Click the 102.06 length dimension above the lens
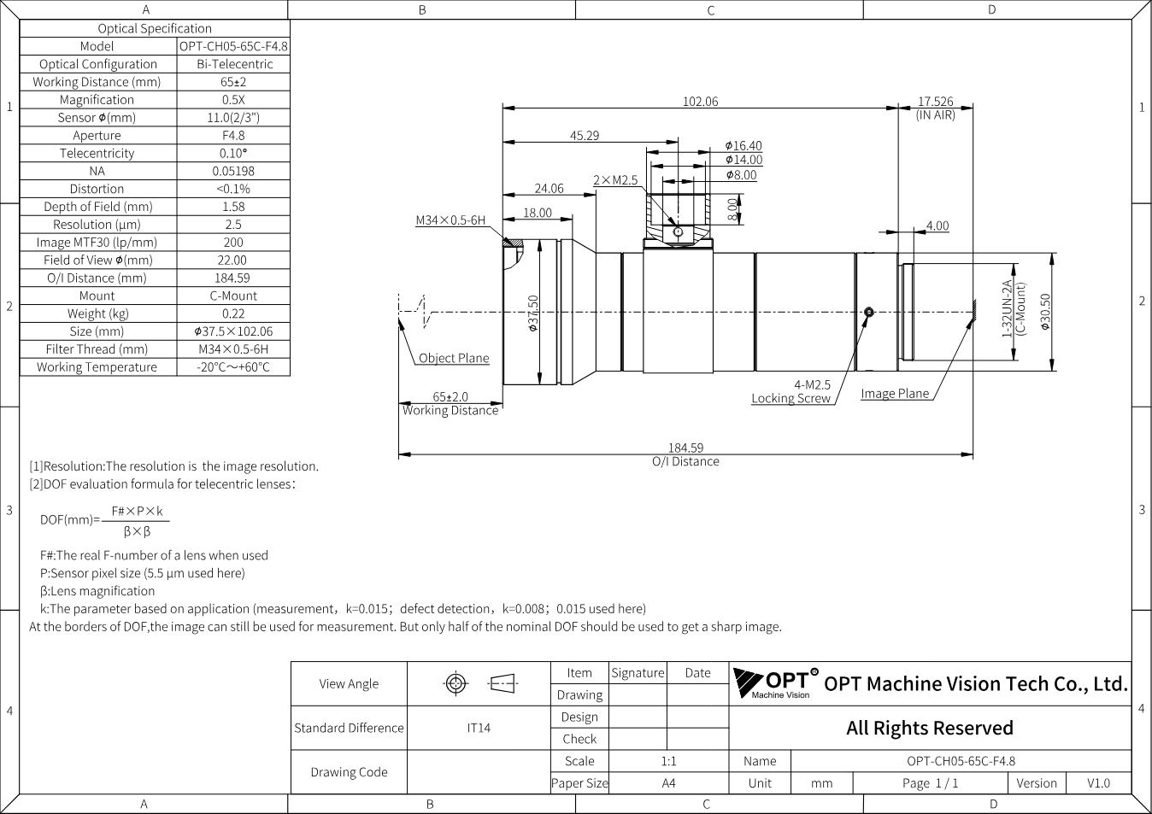pos(700,102)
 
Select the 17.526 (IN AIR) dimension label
pos(936,108)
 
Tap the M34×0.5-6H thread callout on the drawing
pos(450,220)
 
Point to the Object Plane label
pos(454,358)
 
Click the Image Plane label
pos(895,394)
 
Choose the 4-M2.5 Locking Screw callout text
pos(791,391)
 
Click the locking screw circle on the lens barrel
pos(869,312)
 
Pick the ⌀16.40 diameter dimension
pos(744,146)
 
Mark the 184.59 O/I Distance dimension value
pos(685,448)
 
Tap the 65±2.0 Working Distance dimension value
pos(450,396)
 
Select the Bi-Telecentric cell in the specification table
pos(233,64)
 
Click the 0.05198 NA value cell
pos(233,171)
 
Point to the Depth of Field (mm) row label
pos(98,207)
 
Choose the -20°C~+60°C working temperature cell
pos(233,367)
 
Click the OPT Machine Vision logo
pos(775,683)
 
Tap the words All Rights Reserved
pos(930,729)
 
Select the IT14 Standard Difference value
pos(479,729)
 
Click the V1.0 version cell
pos(1098,783)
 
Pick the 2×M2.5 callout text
pos(615,180)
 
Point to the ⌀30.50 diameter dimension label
pos(1045,312)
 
